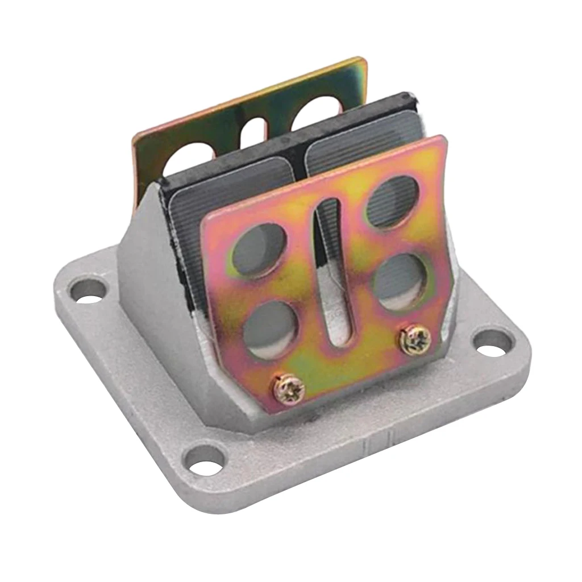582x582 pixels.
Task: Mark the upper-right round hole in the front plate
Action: (x=392, y=202)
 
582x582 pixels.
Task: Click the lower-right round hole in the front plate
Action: (x=401, y=281)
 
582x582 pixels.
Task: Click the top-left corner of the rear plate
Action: (x=135, y=136)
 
